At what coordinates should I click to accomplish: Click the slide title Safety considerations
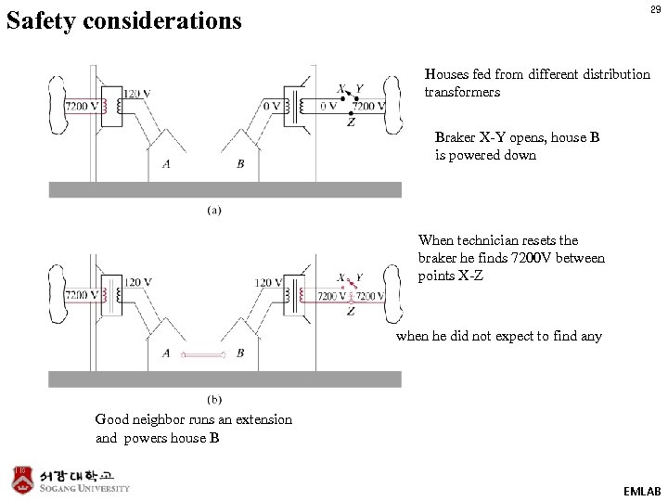(x=123, y=19)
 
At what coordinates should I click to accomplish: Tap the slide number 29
(x=655, y=10)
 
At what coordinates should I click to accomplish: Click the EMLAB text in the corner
(x=642, y=491)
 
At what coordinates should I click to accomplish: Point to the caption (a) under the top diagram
(x=214, y=211)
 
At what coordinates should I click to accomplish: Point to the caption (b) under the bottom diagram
(x=214, y=400)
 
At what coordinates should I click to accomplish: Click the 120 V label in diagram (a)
(x=137, y=93)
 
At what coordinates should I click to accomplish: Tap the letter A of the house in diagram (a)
(x=166, y=164)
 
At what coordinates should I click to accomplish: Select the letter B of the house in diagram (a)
(x=240, y=164)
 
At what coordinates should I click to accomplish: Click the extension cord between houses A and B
(x=203, y=354)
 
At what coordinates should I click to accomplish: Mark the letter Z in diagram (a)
(x=350, y=122)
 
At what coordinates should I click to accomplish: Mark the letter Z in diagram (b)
(x=350, y=312)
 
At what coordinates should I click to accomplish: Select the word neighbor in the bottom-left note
(x=168, y=419)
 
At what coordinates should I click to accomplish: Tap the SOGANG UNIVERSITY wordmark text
(x=84, y=488)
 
